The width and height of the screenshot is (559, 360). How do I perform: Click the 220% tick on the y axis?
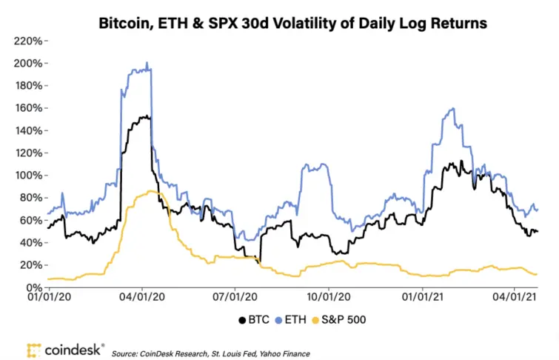tap(25, 41)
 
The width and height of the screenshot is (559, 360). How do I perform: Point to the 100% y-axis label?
tap(25, 176)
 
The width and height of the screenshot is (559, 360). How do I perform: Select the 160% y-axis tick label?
tap(25, 108)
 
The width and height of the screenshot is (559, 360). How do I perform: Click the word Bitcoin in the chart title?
tap(123, 24)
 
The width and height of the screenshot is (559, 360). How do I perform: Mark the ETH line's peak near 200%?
tap(147, 63)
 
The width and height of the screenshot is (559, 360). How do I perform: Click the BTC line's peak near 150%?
tap(147, 116)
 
